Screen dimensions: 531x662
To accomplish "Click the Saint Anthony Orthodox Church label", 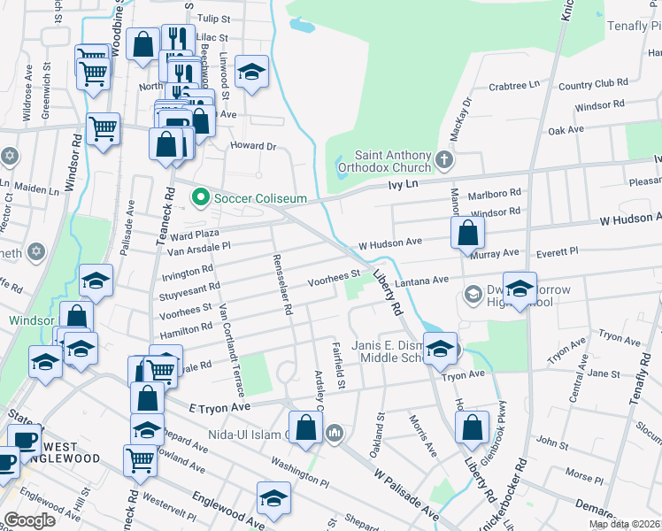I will point(393,161).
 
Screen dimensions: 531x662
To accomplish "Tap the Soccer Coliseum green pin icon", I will point(200,196).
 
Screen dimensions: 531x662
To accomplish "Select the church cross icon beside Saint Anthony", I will point(444,160).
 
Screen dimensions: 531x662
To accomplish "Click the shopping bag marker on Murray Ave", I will point(467,235).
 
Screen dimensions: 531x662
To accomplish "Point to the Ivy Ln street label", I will point(403,184).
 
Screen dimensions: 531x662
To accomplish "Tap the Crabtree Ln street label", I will point(514,86).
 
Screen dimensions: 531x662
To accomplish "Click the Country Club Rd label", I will point(593,84).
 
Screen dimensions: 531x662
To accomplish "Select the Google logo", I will point(29,520).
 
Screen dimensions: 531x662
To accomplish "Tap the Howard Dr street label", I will point(253,146).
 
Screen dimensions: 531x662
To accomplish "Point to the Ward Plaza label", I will point(194,235).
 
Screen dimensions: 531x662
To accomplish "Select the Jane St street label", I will point(604,374).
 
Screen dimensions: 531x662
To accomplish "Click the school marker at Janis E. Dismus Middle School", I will point(439,348).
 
